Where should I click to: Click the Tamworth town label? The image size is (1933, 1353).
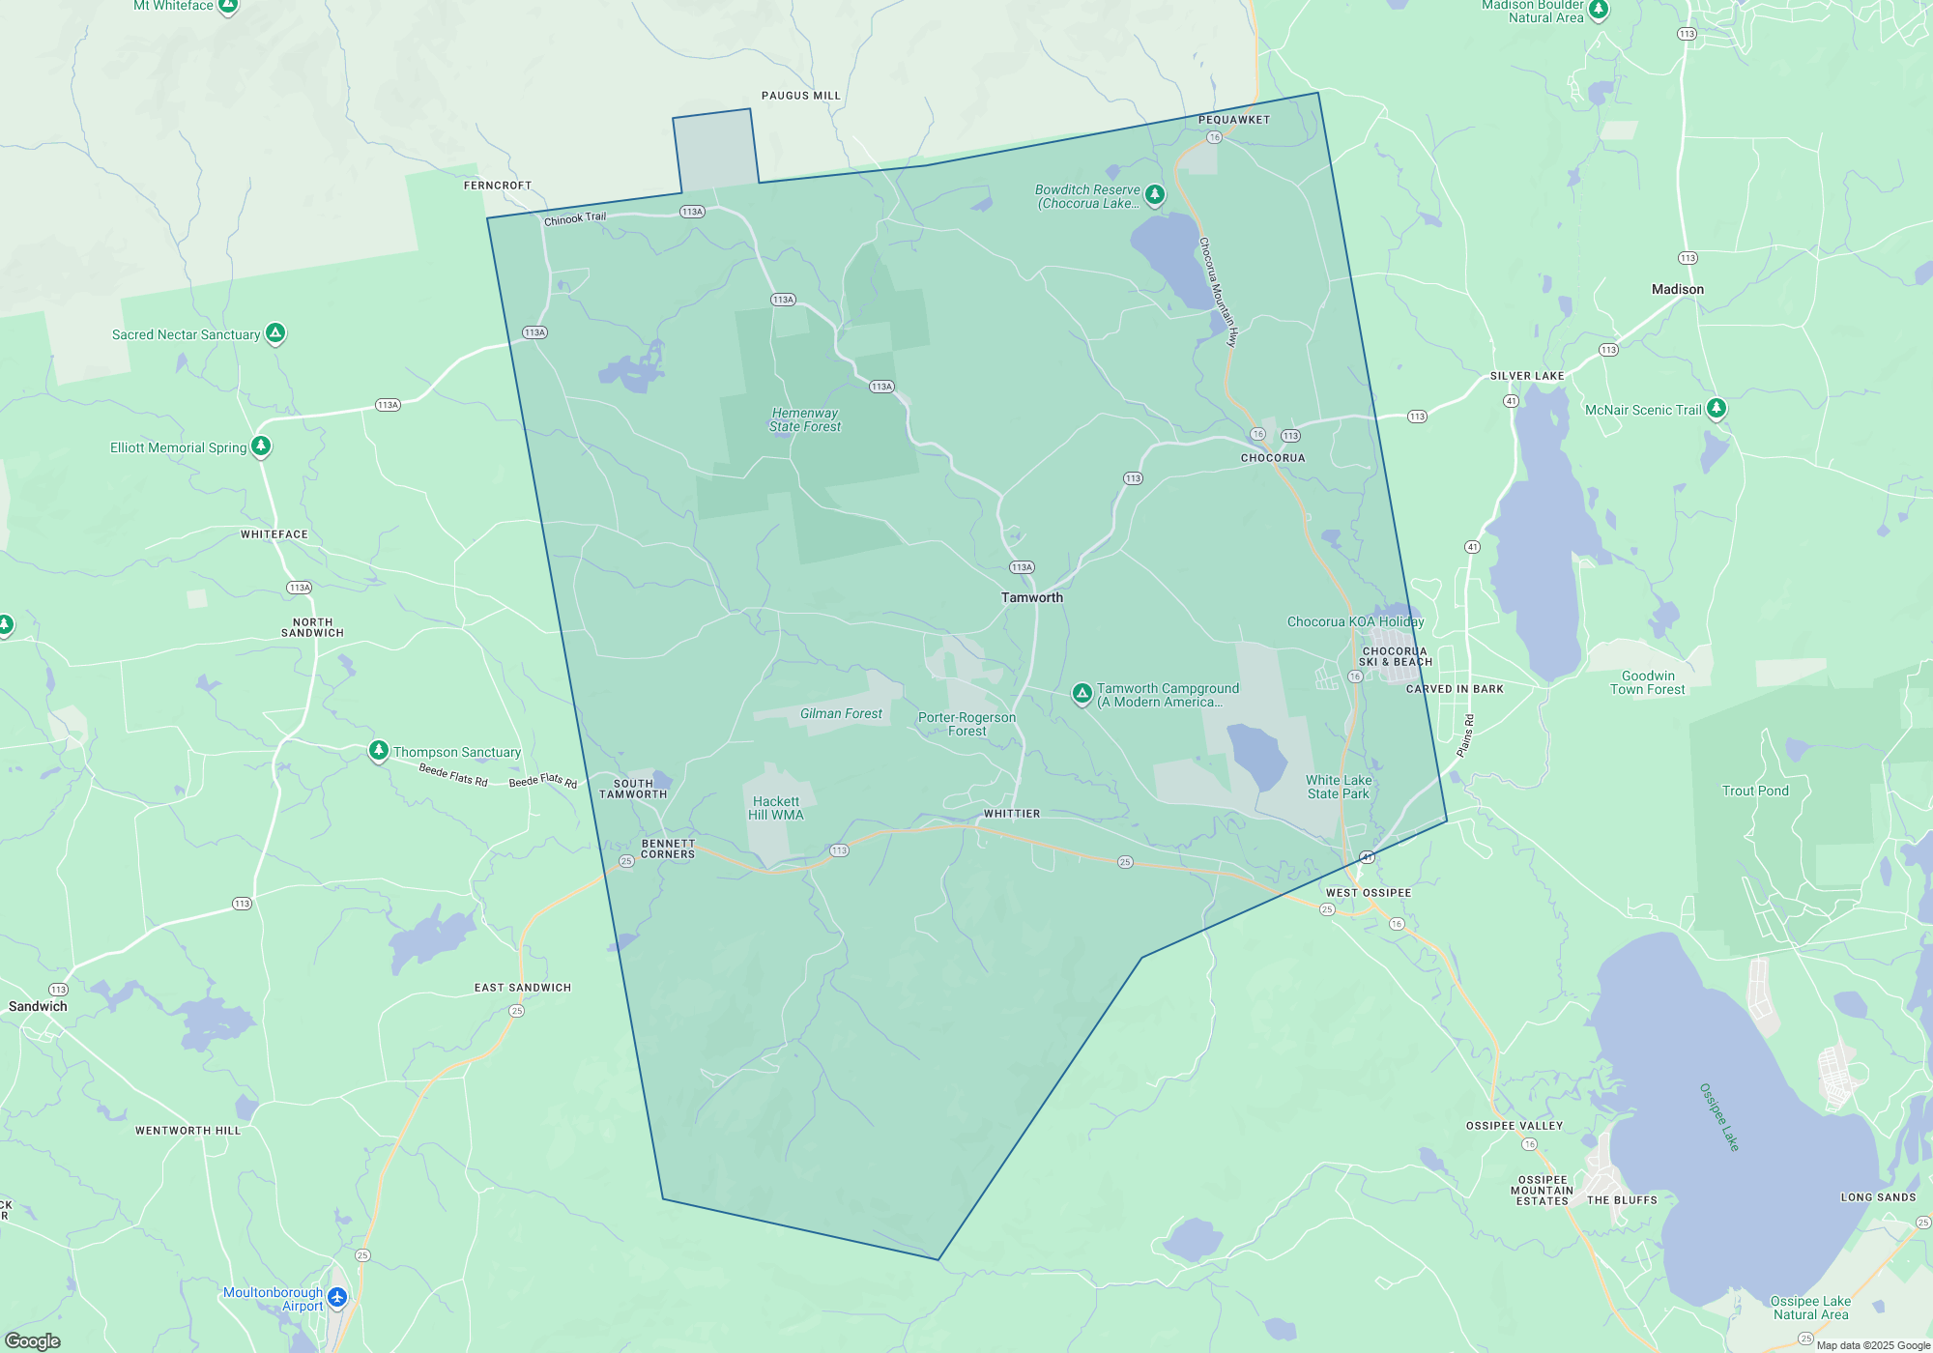click(1031, 597)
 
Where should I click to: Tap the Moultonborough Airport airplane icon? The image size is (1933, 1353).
click(337, 1297)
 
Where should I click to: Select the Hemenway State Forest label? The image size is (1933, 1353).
click(805, 419)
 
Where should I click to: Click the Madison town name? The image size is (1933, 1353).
click(1677, 289)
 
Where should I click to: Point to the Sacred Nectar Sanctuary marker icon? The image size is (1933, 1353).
click(275, 333)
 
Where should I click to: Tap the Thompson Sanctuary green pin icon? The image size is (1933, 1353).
click(379, 751)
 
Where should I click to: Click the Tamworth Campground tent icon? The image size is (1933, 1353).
click(1082, 693)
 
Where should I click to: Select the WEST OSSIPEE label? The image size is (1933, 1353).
click(1368, 893)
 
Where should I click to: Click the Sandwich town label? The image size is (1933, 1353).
click(38, 1006)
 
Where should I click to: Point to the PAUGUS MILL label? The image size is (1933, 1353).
click(800, 96)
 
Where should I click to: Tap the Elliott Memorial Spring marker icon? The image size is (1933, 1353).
click(261, 446)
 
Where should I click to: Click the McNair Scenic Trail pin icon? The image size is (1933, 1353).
click(1716, 408)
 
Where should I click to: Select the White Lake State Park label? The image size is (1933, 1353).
click(1339, 787)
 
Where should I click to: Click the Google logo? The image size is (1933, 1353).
click(33, 1340)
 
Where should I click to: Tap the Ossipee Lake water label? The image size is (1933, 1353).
click(1719, 1117)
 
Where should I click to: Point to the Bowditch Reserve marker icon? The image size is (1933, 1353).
click(1154, 194)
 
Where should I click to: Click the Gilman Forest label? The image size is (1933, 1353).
click(841, 713)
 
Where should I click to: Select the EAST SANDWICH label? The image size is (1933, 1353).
click(522, 988)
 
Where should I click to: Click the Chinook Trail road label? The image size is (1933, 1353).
click(575, 218)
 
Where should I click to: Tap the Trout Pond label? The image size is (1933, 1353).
click(1755, 791)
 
